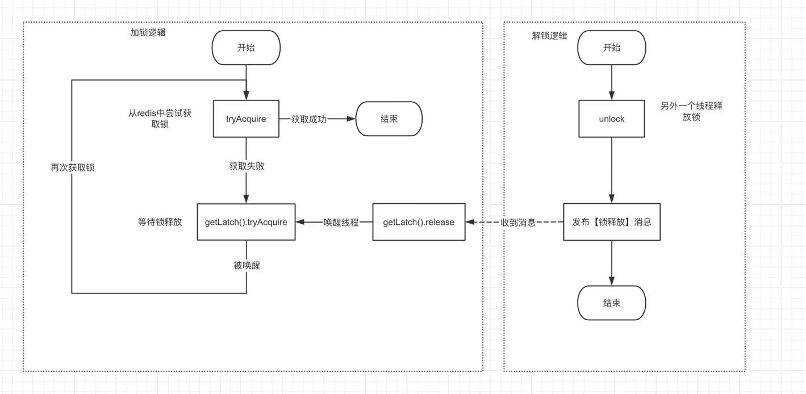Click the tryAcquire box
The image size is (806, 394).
(x=246, y=119)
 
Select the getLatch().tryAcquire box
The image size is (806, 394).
(x=246, y=222)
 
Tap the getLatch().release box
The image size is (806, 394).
(x=419, y=222)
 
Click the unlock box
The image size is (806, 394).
(x=611, y=119)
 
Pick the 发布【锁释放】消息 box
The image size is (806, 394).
(x=611, y=222)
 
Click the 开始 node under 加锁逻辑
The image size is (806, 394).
(x=246, y=48)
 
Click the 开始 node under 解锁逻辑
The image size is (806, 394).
(x=611, y=48)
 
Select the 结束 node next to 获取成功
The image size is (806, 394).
(x=389, y=119)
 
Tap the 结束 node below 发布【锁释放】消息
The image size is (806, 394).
(x=611, y=303)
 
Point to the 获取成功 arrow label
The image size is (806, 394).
(x=308, y=119)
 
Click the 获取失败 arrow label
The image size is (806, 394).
(x=247, y=166)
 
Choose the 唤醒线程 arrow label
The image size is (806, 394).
(x=341, y=223)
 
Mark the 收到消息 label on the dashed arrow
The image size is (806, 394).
(x=518, y=223)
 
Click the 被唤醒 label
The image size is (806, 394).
(x=247, y=265)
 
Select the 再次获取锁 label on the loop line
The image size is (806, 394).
(x=72, y=168)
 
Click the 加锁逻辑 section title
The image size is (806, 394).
(x=148, y=33)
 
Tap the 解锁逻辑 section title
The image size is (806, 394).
(x=549, y=36)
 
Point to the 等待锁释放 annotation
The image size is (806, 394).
(x=160, y=222)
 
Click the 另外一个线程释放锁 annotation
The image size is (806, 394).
(x=691, y=112)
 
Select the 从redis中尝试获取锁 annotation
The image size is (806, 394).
(x=160, y=119)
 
